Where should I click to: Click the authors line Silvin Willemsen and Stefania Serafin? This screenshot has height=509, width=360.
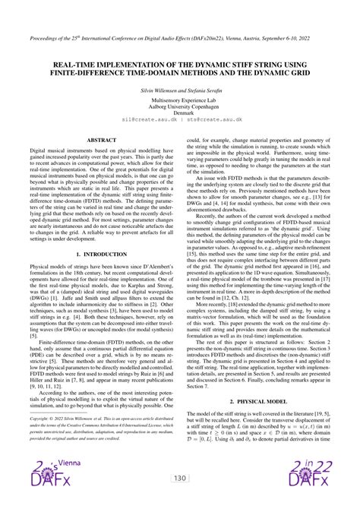coord(180,89)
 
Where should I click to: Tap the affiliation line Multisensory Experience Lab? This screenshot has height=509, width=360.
coord(180,100)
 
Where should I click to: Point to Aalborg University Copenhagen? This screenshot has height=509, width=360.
coord(180,106)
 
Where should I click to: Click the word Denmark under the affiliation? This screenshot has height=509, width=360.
coord(180,112)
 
